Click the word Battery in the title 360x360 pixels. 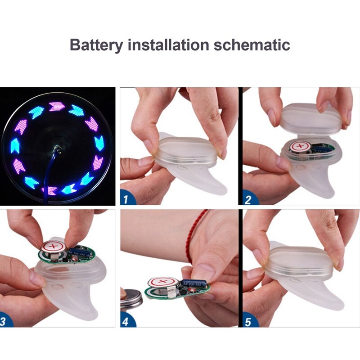(96, 45)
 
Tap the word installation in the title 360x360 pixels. (168, 45)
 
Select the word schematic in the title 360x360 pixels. (252, 45)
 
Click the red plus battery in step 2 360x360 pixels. (300, 146)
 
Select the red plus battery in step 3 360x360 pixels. (53, 247)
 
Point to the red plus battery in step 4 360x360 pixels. (163, 282)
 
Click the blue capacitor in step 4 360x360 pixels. (193, 284)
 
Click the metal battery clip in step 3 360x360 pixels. (53, 256)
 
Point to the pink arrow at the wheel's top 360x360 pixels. (57, 107)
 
